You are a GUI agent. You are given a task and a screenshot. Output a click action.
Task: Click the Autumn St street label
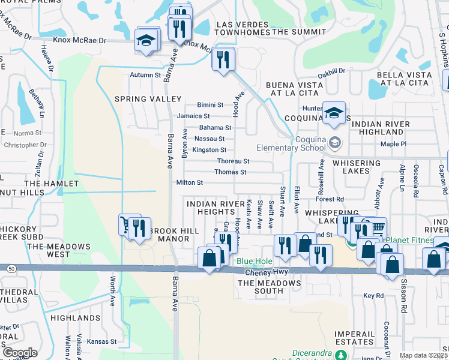146,76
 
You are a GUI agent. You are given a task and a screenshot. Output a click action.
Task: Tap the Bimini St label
210,105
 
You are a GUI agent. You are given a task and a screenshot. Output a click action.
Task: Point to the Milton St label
190,182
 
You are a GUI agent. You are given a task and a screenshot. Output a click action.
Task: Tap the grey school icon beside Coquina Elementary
335,143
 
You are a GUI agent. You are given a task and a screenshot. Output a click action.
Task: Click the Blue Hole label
254,262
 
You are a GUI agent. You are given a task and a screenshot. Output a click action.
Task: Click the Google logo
20,353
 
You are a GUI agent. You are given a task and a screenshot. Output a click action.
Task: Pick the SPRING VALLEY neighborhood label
148,99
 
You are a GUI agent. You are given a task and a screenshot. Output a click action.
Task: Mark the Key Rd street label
373,296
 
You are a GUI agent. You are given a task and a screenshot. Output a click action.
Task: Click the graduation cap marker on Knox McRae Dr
146,41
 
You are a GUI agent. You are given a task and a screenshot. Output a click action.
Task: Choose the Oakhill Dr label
331,71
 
